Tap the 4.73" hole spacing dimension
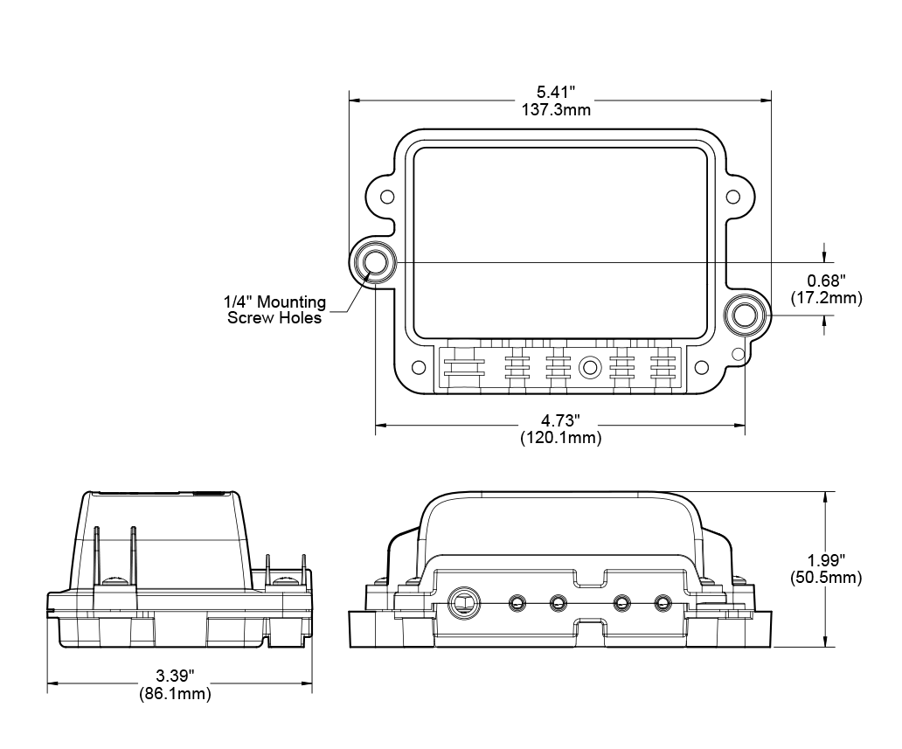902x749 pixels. pos(559,420)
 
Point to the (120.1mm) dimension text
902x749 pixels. pos(559,438)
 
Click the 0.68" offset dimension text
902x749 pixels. pos(826,281)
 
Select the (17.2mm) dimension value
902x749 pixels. pos(826,298)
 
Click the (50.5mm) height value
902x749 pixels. pos(826,578)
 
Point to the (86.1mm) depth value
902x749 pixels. pos(175,694)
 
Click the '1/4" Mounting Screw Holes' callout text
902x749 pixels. pos(274,310)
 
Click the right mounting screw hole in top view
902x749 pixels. pos(745,315)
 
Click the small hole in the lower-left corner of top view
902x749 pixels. pos(417,367)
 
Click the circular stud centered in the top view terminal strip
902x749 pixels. pos(589,367)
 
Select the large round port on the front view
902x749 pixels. pos(462,601)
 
